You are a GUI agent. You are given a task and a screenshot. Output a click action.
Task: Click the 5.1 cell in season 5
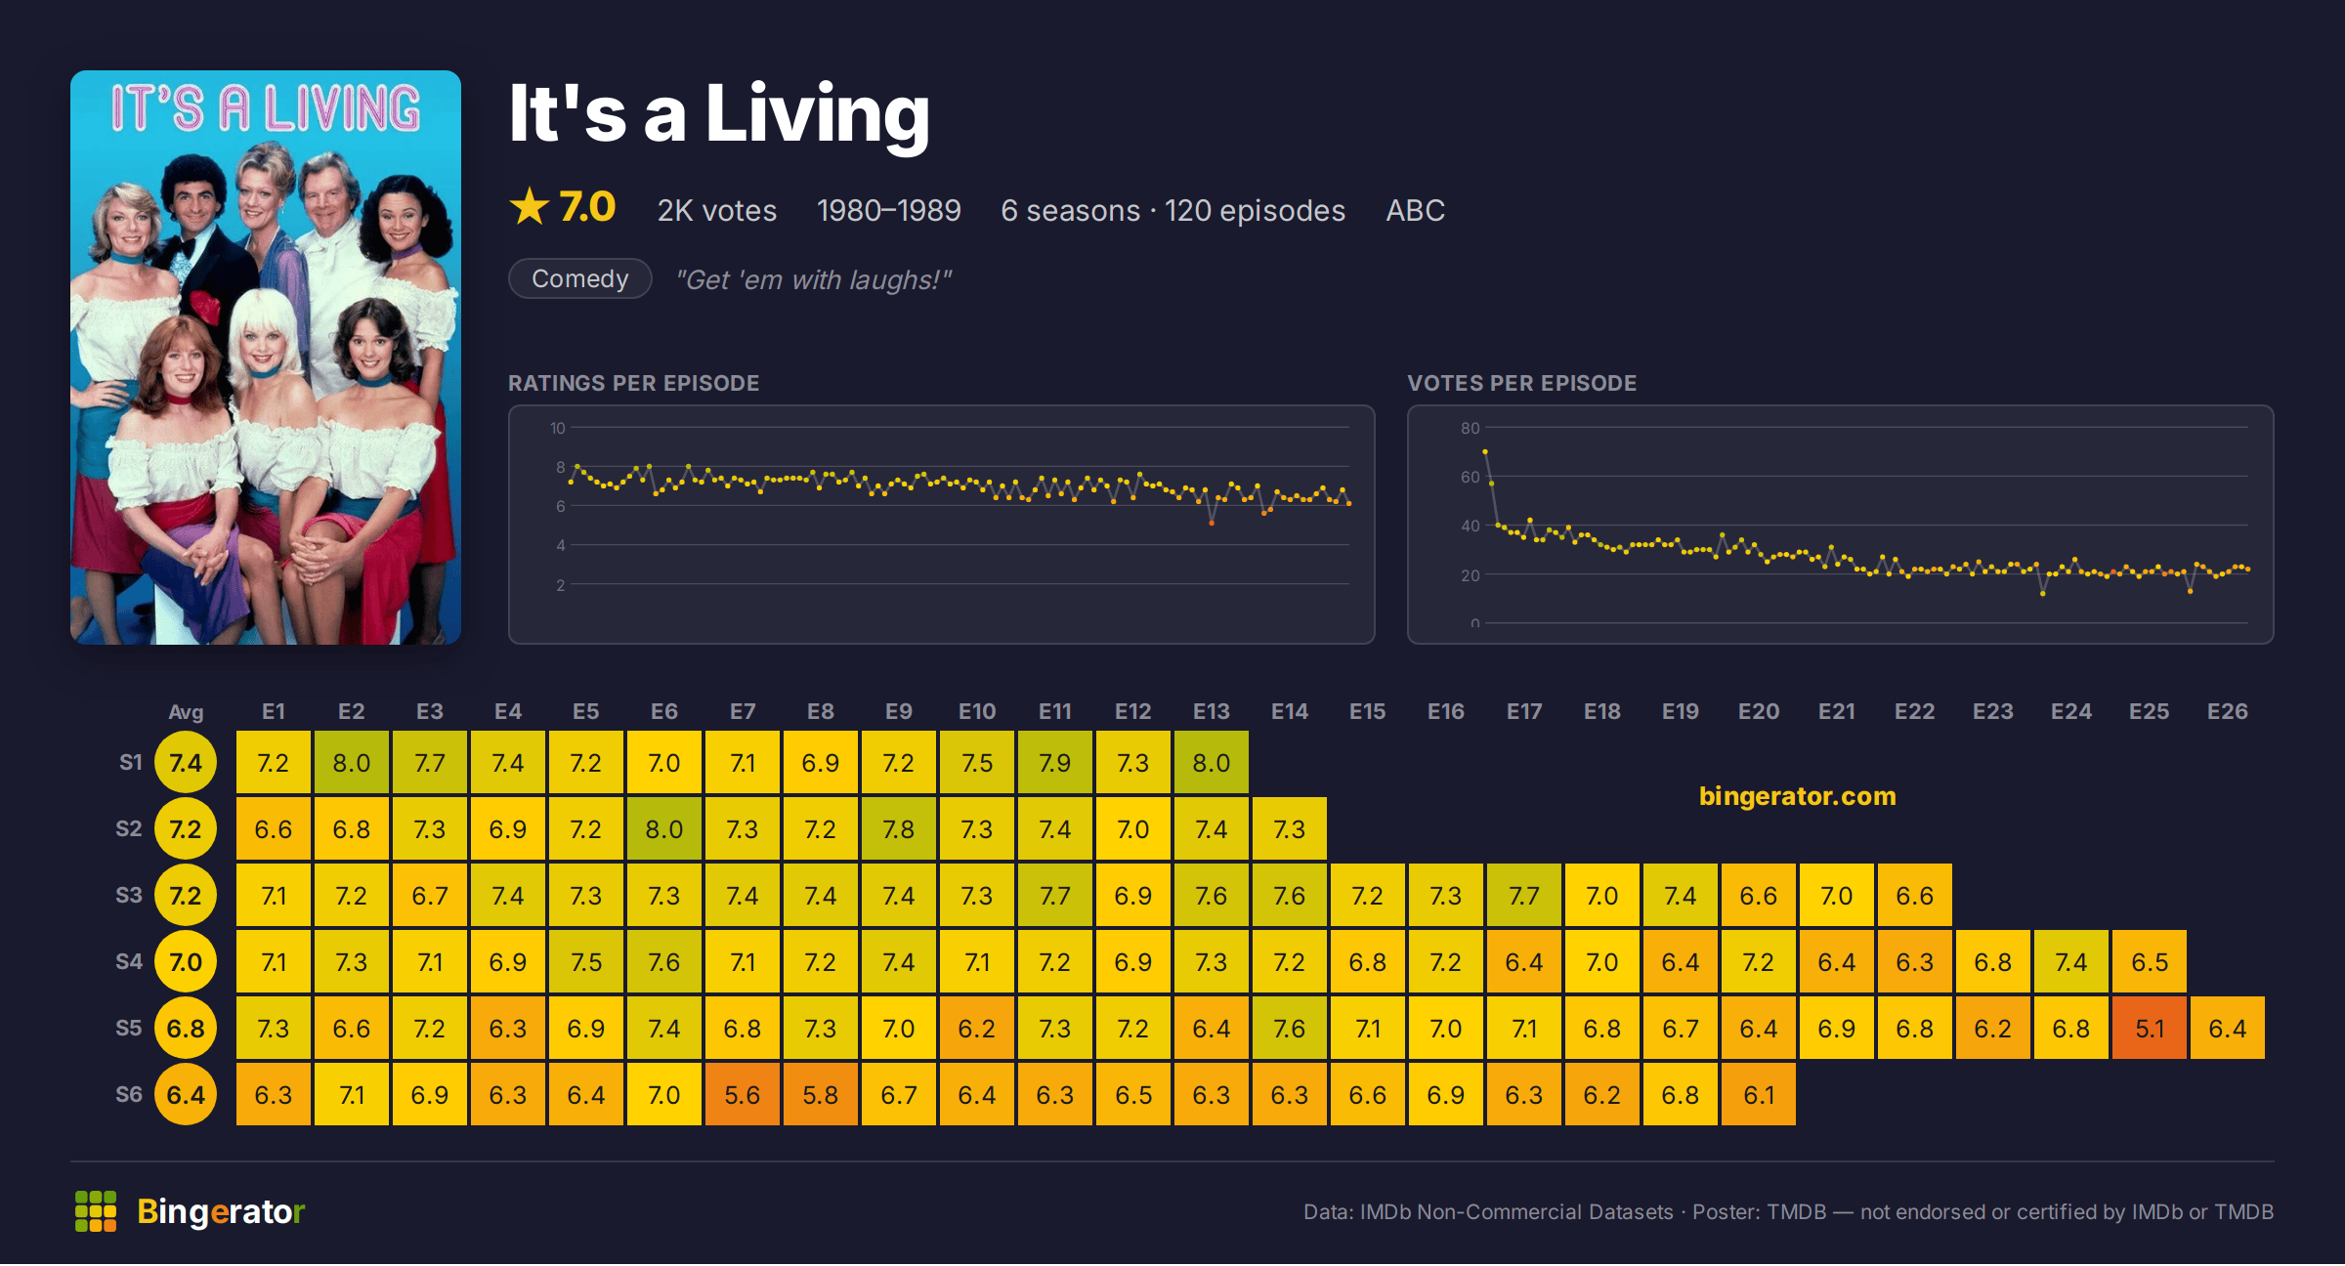point(2150,1028)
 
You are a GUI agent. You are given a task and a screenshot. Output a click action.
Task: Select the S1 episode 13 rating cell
point(1212,762)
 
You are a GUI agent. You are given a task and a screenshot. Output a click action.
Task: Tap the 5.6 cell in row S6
point(743,1094)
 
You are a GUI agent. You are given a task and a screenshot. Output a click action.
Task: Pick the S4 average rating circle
point(186,961)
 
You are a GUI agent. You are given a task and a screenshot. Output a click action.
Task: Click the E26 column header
point(2228,711)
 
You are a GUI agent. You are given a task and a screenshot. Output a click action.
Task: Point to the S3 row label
point(129,895)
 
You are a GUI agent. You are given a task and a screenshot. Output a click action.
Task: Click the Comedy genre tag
point(580,278)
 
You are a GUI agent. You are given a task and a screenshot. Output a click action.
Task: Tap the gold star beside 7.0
point(530,206)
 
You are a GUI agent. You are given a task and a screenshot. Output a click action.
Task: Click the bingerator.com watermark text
point(1798,796)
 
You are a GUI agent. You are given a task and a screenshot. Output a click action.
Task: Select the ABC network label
point(1415,210)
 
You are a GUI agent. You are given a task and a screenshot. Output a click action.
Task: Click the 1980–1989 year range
point(889,210)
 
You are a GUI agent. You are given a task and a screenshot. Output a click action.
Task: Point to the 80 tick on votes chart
point(1471,428)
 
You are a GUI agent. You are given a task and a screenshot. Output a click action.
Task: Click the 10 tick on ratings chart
point(558,428)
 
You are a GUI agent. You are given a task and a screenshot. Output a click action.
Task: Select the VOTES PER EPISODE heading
point(1522,383)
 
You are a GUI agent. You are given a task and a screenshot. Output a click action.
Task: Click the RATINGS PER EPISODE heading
point(634,383)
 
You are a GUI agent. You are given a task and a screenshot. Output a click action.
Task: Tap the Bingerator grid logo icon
point(96,1211)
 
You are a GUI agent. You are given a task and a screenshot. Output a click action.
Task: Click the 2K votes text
point(717,210)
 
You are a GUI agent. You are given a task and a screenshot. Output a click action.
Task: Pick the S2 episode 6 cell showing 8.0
point(664,828)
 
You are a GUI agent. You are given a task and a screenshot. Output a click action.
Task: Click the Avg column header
point(186,712)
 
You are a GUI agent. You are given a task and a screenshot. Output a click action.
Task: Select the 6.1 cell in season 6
point(1759,1094)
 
